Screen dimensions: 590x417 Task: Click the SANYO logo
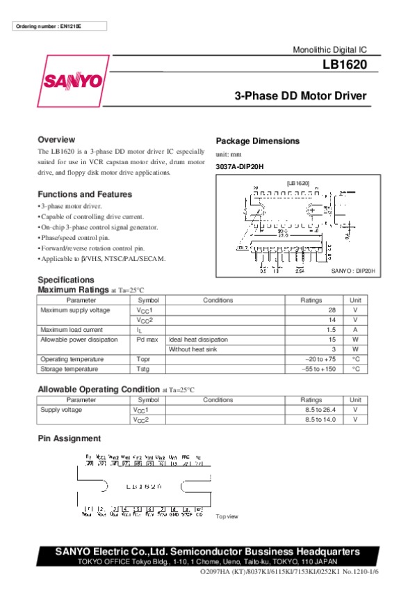tap(73, 81)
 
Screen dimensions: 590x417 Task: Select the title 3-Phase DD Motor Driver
tap(300, 96)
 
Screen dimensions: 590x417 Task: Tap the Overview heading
tap(56, 139)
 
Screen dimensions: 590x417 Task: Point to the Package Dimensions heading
tap(258, 141)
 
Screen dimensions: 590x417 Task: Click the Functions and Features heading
tap(85, 194)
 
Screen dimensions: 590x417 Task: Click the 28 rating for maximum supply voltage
tap(332, 310)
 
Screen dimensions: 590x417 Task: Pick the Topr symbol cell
tap(143, 359)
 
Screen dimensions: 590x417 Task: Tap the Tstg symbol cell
tap(143, 369)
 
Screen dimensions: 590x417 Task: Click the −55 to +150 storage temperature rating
tap(321, 369)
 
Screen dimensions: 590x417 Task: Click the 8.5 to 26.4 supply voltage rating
tap(320, 410)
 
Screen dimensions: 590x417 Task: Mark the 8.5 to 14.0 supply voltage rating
tap(320, 420)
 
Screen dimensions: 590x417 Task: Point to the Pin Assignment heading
tap(69, 438)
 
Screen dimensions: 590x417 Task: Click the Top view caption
tap(227, 516)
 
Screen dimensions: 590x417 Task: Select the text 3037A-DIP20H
tap(240, 166)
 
